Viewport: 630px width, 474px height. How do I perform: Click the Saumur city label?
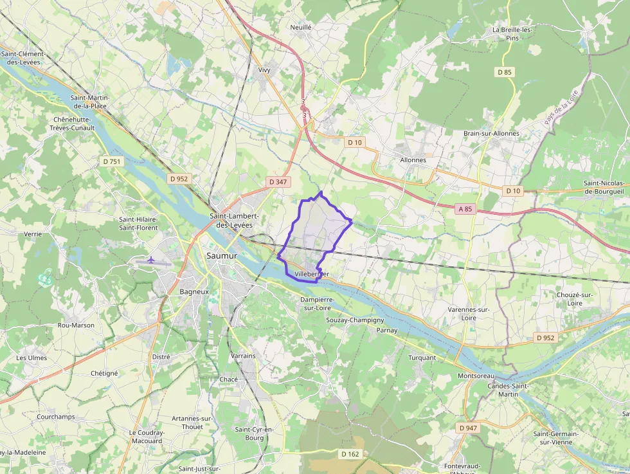222,256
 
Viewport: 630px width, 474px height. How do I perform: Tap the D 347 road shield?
278,182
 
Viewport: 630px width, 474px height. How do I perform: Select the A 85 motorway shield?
465,208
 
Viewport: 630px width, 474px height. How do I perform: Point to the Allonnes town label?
413,160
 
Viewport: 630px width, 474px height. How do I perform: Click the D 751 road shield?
112,162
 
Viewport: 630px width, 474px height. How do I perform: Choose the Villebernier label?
312,275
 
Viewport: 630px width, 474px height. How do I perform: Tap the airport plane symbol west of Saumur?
151,260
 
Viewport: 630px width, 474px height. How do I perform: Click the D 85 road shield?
505,72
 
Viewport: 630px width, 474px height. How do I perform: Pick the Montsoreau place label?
476,376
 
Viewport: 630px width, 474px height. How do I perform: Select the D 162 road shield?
350,454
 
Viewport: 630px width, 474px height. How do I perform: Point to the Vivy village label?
264,70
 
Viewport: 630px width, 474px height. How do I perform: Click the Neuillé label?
300,28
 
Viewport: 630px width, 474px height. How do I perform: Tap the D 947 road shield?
469,428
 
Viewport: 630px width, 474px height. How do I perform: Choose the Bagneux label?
194,291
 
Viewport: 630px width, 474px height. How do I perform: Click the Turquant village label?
422,358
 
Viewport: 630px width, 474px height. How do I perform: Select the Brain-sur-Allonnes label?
491,134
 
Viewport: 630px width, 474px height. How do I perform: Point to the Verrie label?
33,234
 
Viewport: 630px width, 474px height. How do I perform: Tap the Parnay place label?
387,331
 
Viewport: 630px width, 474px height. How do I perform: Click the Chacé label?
228,379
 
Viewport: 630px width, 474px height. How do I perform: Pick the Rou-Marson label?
76,325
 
